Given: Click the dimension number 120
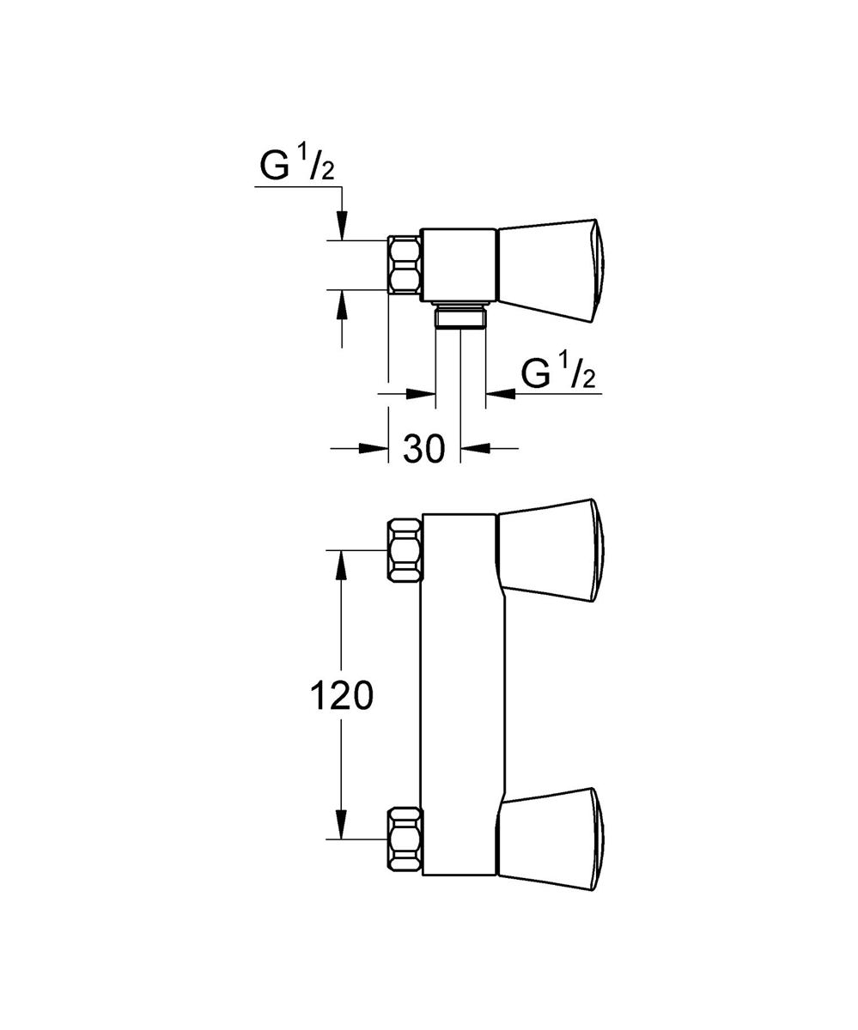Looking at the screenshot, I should coord(341,696).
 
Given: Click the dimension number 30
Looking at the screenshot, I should coord(423,449).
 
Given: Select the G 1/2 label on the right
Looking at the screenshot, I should coord(558,374).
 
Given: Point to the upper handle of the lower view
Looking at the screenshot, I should coord(551,549).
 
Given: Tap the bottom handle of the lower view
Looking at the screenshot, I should coord(551,838).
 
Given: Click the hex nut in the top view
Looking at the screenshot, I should coord(405,265).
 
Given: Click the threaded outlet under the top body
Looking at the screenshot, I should coord(460,317).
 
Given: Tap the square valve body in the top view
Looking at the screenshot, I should coord(459,265).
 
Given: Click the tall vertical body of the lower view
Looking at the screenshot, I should coord(459,695).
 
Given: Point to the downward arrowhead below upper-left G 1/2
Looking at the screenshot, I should coord(342,227).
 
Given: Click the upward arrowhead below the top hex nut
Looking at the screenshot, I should coord(342,303).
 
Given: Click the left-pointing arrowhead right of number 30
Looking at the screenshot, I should coord(475,447).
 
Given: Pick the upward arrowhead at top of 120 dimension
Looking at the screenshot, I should coord(342,563).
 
